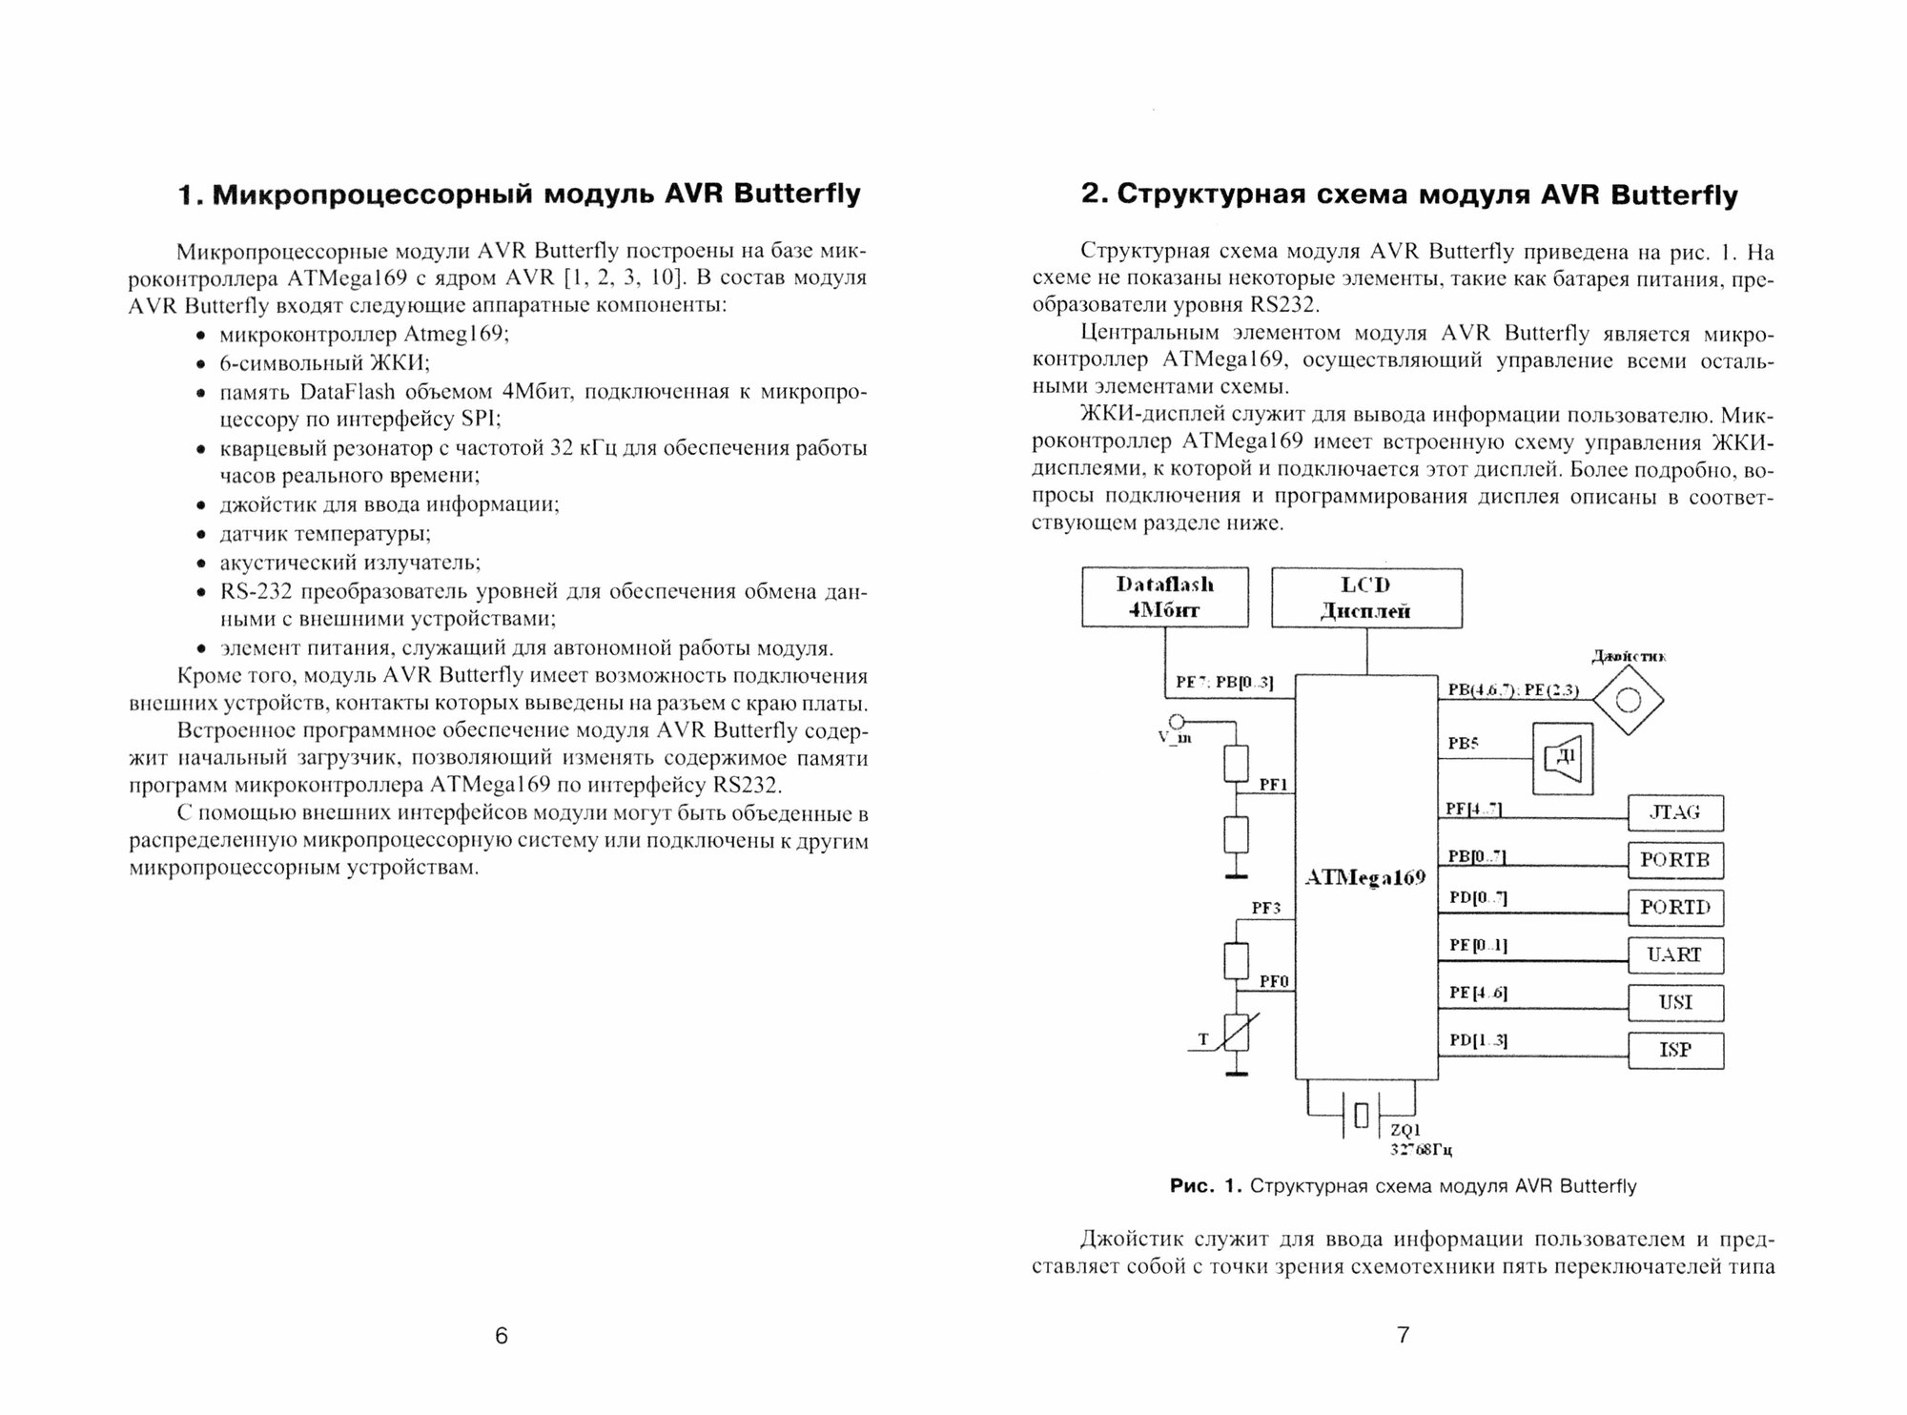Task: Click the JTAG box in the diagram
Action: pos(1675,812)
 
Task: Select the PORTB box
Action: pos(1675,860)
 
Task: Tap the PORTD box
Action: pos(1675,907)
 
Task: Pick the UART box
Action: pos(1675,954)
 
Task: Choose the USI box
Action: pos(1675,1002)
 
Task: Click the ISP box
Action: pos(1675,1050)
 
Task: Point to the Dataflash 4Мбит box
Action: pos(1164,598)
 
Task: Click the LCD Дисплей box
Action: pos(1366,598)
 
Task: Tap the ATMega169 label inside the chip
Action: pos(1364,877)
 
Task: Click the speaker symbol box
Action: pos(1562,758)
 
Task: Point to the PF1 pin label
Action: pos(1274,785)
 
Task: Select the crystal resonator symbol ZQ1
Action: pos(1361,1114)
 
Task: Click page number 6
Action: pos(502,1336)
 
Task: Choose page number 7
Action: pos(1403,1335)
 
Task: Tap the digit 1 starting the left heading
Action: pos(188,195)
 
